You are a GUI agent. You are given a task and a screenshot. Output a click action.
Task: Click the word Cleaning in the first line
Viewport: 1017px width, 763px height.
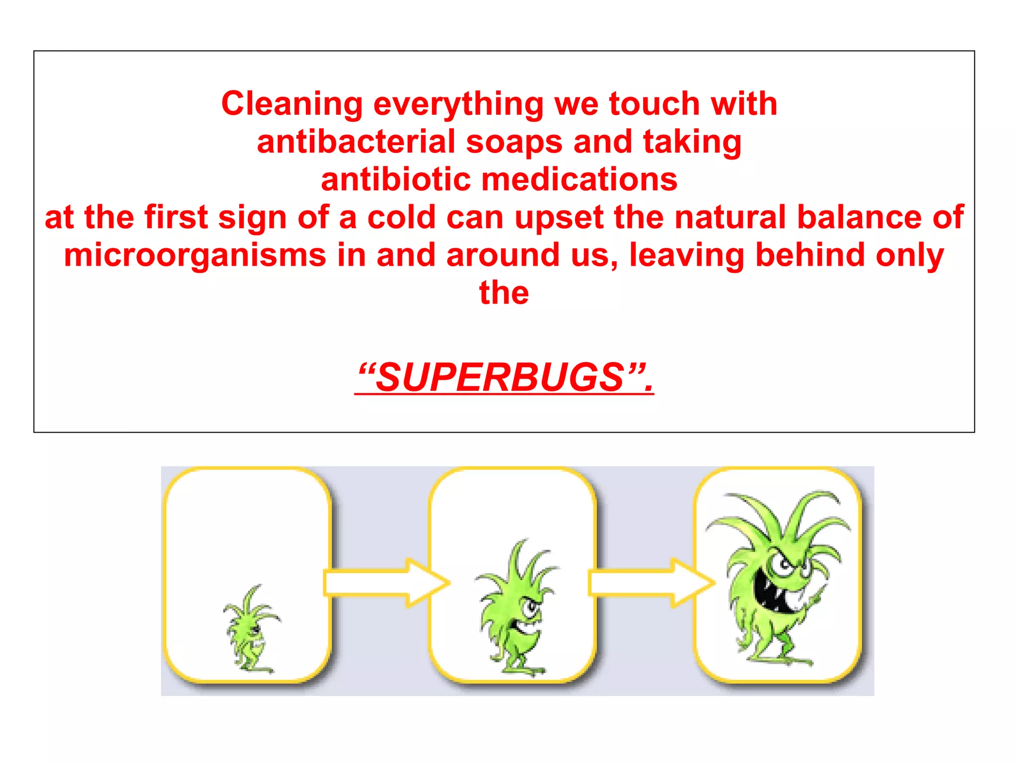(292, 104)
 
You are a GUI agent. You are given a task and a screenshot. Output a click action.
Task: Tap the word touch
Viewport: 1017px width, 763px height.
(654, 104)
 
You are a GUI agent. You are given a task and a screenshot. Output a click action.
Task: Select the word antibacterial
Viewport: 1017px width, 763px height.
(356, 142)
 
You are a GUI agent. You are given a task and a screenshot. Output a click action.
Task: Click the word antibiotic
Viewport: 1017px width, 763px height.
(395, 180)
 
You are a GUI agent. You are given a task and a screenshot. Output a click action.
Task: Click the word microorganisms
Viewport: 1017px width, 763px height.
(195, 255)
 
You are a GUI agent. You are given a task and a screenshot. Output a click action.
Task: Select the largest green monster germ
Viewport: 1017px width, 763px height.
(777, 576)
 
